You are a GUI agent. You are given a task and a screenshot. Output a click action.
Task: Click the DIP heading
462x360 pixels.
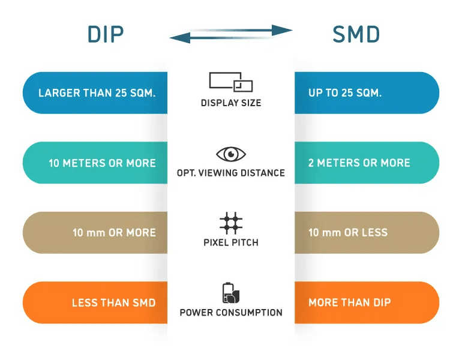pos(106,34)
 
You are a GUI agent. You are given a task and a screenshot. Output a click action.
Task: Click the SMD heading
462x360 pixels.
pos(356,34)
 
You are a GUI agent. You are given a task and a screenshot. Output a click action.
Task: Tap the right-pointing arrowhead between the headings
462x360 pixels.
pos(281,30)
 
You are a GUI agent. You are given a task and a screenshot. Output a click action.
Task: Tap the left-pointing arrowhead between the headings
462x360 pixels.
pos(180,38)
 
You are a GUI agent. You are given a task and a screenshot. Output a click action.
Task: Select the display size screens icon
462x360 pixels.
pos(231,82)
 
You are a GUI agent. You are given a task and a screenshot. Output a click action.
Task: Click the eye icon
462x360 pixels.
pos(231,154)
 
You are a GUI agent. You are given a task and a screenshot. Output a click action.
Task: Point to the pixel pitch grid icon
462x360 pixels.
pos(231,223)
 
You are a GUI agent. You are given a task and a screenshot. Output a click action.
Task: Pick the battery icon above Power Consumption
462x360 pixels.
pos(231,293)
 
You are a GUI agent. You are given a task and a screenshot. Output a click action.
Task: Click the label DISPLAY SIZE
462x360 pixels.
pos(231,103)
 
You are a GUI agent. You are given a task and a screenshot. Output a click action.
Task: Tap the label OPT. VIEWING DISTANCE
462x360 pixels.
pos(231,173)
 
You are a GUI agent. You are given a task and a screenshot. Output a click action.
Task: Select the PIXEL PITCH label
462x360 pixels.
pos(231,242)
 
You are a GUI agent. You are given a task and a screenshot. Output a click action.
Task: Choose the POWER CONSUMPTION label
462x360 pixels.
pos(231,312)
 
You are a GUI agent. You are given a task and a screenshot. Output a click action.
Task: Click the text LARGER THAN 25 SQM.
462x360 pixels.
pos(97,93)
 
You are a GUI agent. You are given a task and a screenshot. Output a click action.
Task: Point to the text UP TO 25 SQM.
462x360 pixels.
pos(345,93)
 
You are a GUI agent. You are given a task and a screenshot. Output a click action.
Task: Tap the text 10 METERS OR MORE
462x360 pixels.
pos(102,163)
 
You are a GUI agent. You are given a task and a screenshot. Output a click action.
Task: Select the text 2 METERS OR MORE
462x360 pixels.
pos(359,163)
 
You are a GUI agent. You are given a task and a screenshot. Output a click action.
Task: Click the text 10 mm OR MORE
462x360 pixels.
pos(115,233)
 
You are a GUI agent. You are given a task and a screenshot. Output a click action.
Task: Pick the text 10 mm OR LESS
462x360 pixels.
pos(348,233)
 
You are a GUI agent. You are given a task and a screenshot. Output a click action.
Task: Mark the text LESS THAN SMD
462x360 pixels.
pos(114,302)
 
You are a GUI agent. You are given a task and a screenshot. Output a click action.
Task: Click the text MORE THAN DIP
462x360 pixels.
pos(350,302)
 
